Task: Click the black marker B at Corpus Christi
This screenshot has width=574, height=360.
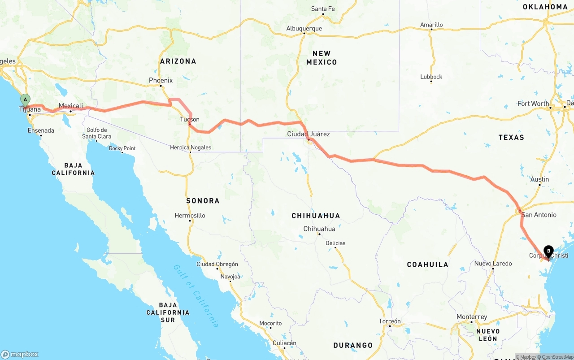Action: pos(548,252)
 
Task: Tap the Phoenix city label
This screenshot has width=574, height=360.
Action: pos(161,81)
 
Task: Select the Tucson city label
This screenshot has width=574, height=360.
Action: pos(190,119)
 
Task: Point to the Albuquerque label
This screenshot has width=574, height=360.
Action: pos(304,29)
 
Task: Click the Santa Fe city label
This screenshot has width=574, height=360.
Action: pos(323,9)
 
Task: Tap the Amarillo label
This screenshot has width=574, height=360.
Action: pos(431,25)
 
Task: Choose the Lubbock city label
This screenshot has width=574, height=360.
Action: pos(431,77)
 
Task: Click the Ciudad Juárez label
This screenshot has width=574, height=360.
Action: pos(309,134)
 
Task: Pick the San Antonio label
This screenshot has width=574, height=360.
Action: pos(539,215)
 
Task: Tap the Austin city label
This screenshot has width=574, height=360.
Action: pos(539,179)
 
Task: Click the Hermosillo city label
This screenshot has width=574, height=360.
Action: pos(190,216)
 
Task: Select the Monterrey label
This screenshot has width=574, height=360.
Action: pos(472,317)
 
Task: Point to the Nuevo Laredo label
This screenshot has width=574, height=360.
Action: pos(493,264)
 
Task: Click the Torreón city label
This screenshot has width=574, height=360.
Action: pos(390,321)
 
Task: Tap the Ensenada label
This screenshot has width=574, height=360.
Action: pos(41,131)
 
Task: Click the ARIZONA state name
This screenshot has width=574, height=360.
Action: pos(178,61)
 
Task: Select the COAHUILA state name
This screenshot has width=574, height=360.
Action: pos(427,265)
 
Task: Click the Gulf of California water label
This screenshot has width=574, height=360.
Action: pos(196,296)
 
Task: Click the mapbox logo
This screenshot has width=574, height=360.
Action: pos(20,354)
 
